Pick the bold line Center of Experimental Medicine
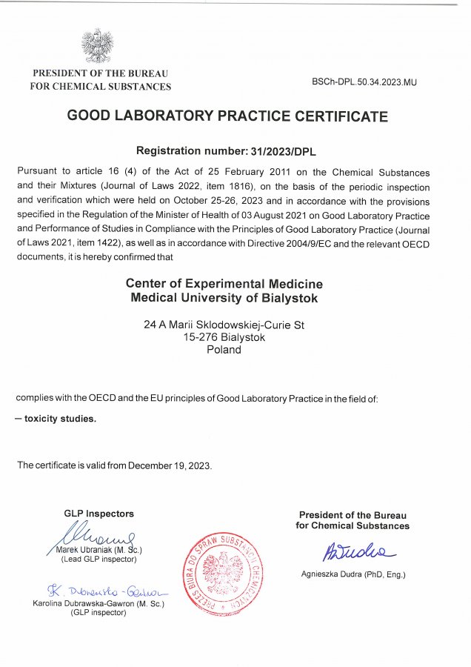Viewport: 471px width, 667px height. pos(224,284)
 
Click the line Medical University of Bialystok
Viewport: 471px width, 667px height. pos(224,298)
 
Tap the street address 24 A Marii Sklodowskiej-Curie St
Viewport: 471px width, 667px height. pos(224,325)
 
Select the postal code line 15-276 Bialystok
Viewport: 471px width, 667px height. pos(224,337)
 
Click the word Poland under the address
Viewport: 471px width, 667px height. pos(224,350)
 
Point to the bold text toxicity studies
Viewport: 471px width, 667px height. pos(60,418)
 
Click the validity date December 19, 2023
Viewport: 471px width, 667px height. pos(170,465)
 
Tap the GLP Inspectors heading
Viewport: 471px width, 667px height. pos(99,514)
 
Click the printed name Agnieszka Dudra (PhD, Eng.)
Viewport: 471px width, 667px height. pos(353,575)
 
